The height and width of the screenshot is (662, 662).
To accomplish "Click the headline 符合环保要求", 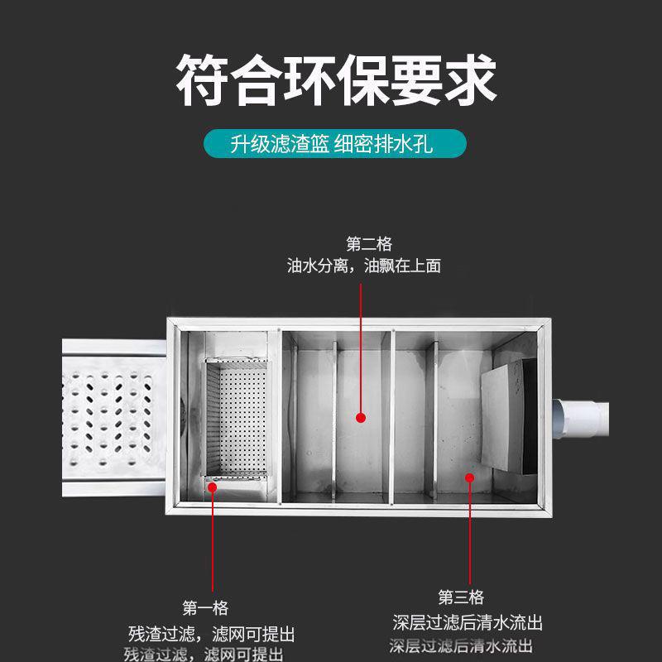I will (x=331, y=80).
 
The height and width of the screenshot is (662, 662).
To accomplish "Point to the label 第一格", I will (x=205, y=609).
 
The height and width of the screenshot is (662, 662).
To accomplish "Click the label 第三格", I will (x=461, y=597).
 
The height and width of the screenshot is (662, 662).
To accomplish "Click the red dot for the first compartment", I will (x=213, y=487).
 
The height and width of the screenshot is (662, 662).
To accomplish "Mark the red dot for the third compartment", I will (x=469, y=477).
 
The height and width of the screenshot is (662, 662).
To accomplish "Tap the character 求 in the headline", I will (x=469, y=80).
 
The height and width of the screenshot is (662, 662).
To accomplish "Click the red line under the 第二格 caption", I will (x=361, y=348).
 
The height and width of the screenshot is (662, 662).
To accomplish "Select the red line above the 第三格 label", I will (x=469, y=530).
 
